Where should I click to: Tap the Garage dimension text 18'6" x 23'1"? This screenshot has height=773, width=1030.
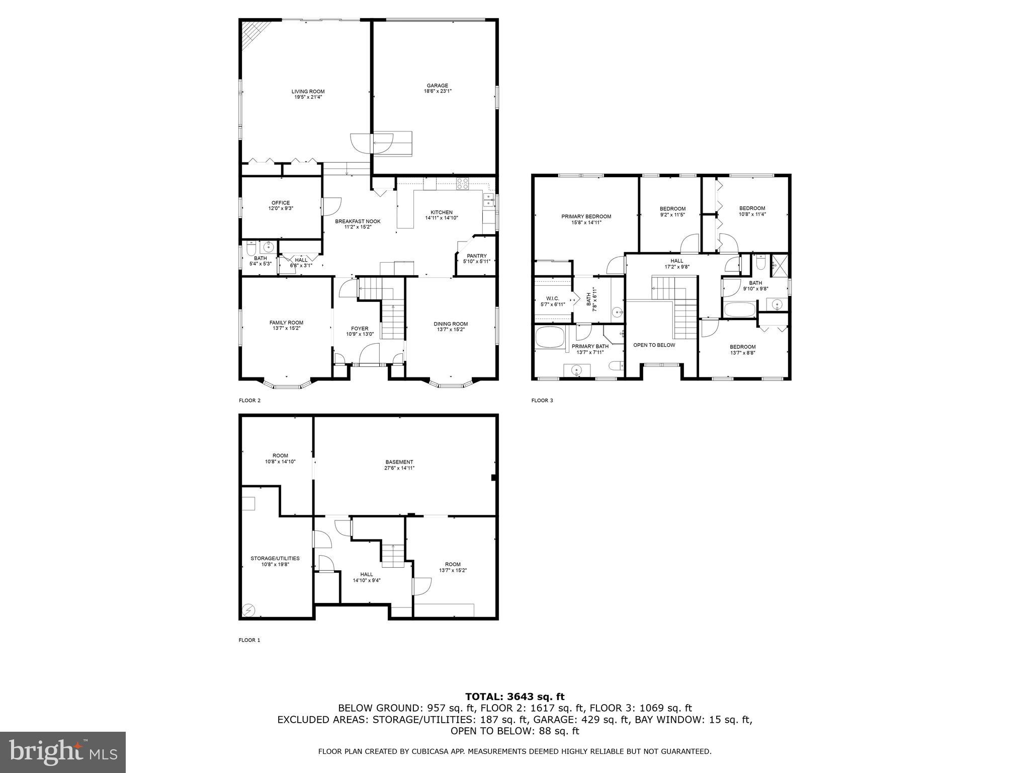click(437, 91)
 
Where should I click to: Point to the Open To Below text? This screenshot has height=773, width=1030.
click(654, 345)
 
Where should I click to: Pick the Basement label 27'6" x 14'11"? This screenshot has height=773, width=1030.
click(399, 465)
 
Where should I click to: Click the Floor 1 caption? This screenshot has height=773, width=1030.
click(249, 640)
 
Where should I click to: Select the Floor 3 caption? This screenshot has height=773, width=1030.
click(542, 401)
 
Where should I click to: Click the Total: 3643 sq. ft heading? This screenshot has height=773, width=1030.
click(514, 697)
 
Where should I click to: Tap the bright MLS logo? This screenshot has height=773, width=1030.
click(63, 752)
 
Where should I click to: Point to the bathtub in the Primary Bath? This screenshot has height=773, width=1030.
click(551, 337)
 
